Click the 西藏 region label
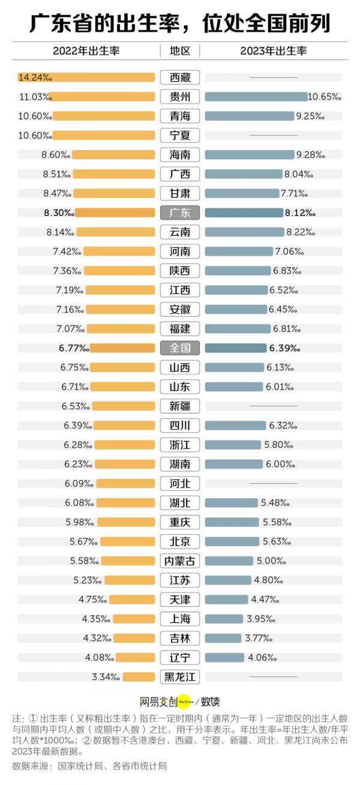[180, 77]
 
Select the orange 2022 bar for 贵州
[102, 97]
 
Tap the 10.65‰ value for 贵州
[324, 97]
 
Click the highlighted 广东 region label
[180, 212]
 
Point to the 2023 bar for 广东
[244, 212]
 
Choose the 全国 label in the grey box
[180, 348]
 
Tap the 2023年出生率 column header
[274, 51]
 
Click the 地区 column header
[180, 51]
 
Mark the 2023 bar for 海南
[250, 155]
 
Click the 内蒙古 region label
[180, 561]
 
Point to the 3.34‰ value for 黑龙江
[106, 677]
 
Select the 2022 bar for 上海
[134, 619]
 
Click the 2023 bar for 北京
[232, 541]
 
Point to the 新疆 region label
[180, 406]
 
